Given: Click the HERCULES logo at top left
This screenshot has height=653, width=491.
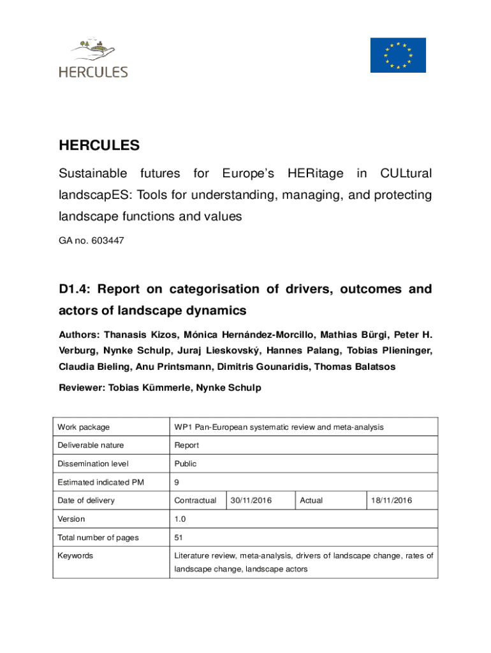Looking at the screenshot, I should tap(93, 59).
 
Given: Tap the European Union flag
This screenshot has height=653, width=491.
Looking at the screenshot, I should tap(398, 55).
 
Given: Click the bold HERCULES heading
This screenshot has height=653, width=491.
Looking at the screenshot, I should tap(99, 145).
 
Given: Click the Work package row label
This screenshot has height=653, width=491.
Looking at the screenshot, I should tap(84, 427).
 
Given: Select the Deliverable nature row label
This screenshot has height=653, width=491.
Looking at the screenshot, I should tap(91, 445).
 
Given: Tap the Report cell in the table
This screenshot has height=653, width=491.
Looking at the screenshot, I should tap(187, 445).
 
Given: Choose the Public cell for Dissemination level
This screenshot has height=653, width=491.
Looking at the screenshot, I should tap(186, 464).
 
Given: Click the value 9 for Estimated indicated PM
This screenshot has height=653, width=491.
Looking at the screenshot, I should tap(177, 482).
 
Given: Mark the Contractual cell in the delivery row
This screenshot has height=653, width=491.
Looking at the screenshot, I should tap(195, 501).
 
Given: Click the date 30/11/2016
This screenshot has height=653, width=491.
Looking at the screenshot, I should tap(251, 501).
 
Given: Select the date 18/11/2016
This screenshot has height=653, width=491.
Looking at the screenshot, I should tap(392, 501).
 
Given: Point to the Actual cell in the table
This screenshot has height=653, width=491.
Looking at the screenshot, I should tap(311, 501).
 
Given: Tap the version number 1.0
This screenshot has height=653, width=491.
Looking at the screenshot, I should tap(180, 519).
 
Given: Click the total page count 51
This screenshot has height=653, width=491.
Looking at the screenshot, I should tap(179, 538).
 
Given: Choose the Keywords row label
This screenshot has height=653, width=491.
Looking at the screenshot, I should tap(75, 555).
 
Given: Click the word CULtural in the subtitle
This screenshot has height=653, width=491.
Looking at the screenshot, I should tap(406, 173).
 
